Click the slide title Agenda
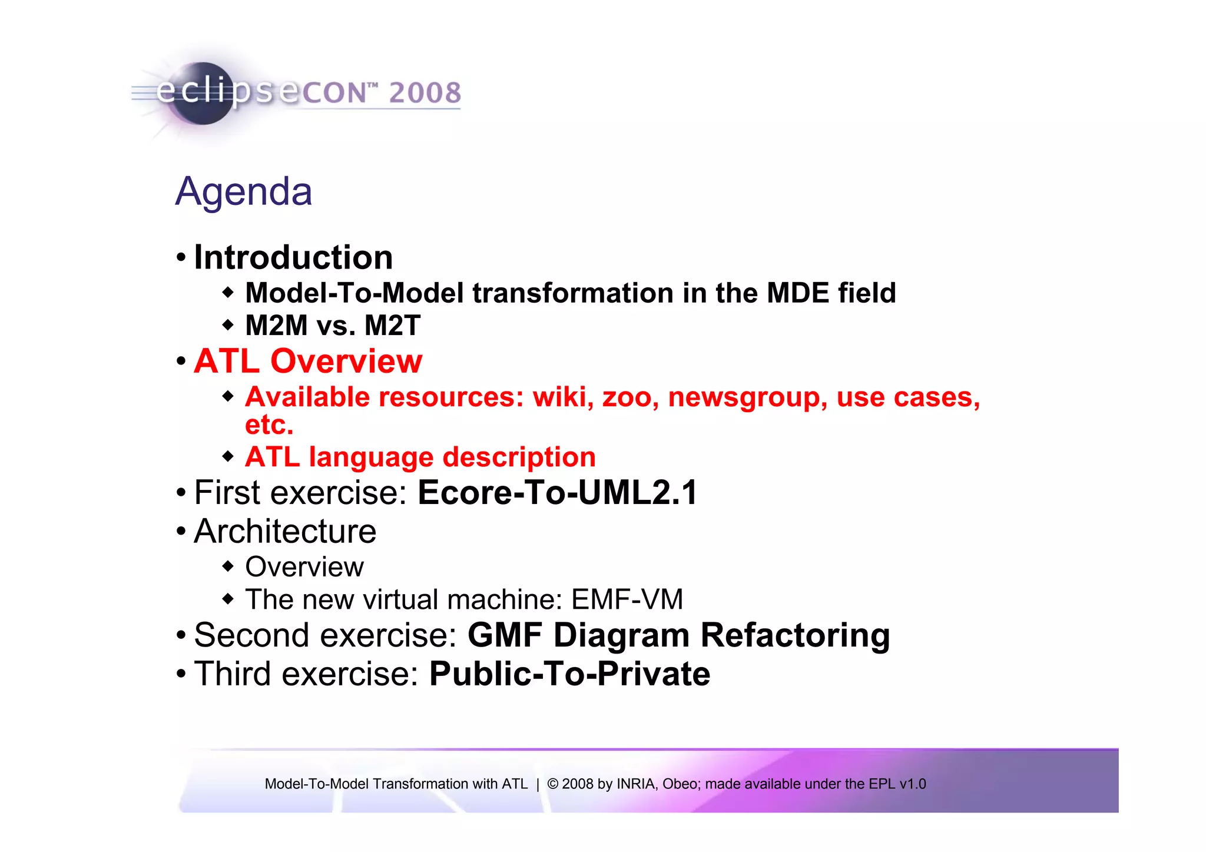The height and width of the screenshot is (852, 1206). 244,192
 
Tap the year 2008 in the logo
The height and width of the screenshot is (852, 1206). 425,93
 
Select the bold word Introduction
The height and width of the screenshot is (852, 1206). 293,257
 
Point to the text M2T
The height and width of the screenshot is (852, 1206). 392,326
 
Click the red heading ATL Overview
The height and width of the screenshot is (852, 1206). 308,361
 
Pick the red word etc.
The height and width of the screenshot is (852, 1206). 269,425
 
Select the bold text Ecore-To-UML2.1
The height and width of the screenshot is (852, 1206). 557,493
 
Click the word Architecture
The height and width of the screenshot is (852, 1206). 285,532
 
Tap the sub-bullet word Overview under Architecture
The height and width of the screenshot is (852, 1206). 304,567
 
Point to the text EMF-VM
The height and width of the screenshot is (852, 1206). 627,600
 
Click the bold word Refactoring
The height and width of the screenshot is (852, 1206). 795,636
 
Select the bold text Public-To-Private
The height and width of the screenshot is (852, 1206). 569,674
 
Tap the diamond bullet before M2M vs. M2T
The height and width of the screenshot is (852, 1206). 228,325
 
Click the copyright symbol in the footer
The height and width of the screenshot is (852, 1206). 552,784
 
